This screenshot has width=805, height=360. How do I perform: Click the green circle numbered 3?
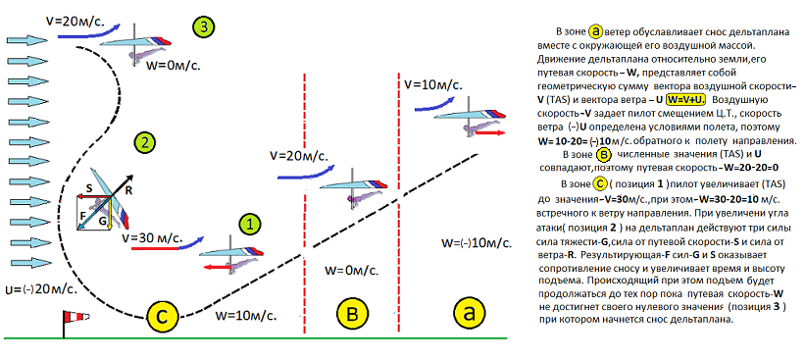(204, 27)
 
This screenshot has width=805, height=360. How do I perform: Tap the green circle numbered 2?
(144, 142)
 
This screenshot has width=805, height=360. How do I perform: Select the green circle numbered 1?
(250, 225)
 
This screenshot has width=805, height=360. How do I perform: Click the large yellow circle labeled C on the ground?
(161, 316)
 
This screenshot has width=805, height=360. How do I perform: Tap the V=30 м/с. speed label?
(152, 238)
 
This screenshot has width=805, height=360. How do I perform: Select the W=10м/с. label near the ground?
(245, 314)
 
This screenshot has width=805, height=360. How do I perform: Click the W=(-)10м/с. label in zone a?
(477, 243)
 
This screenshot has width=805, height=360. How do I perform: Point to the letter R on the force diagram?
(128, 190)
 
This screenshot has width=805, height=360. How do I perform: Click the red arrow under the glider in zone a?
(489, 132)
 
